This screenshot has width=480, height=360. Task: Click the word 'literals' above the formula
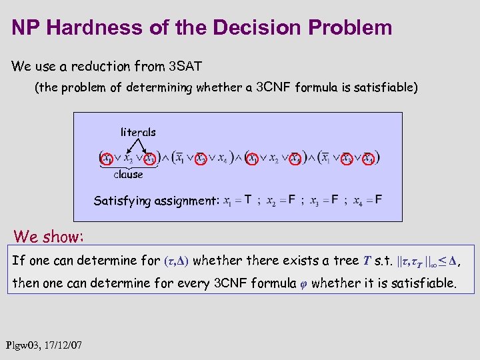click(138, 132)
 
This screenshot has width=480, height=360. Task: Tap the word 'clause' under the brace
click(128, 174)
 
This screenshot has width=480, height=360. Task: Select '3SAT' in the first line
click(185, 66)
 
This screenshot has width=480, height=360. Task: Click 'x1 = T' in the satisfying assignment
click(237, 200)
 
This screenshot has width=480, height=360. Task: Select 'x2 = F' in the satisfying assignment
click(281, 200)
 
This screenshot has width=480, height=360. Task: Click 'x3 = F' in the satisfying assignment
click(324, 200)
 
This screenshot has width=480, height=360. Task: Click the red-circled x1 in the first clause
click(106, 159)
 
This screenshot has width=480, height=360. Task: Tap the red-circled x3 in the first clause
click(151, 159)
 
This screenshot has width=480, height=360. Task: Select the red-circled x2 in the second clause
click(201, 159)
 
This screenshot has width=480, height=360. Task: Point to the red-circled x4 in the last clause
click(368, 159)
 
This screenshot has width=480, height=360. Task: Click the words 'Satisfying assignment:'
click(156, 200)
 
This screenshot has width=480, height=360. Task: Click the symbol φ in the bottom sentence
click(301, 283)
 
